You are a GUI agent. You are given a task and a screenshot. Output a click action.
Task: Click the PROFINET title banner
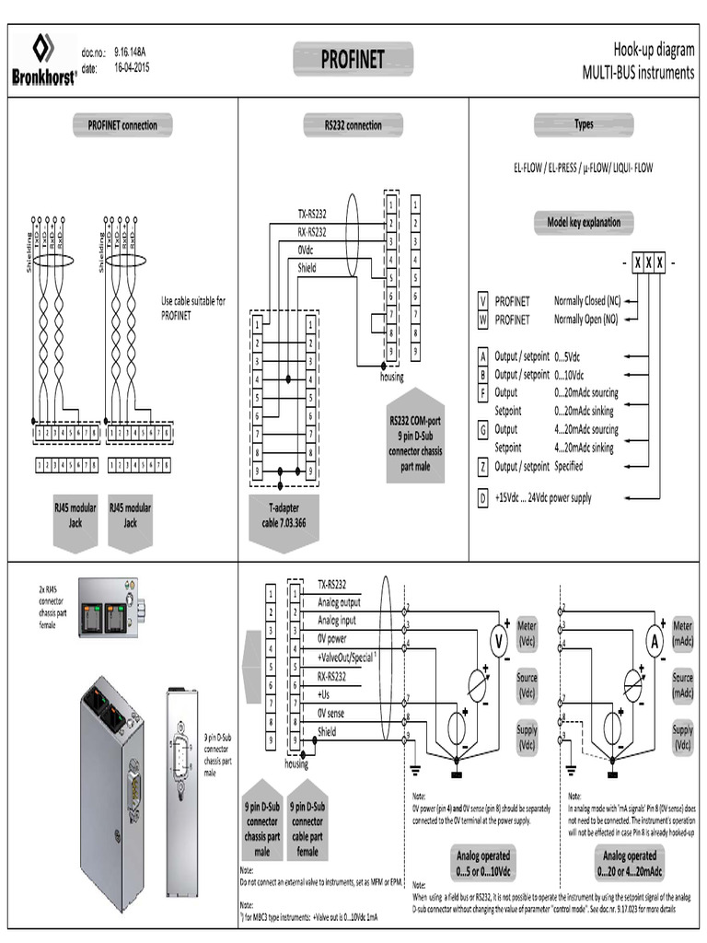(x=353, y=61)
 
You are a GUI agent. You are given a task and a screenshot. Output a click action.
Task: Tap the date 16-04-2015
(x=133, y=68)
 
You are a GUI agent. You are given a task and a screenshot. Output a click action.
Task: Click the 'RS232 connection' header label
(x=353, y=125)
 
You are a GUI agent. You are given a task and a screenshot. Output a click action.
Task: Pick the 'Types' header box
(x=584, y=124)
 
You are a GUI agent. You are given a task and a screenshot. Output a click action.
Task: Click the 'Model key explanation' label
(x=584, y=222)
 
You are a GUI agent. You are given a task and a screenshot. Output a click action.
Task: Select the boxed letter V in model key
(x=481, y=301)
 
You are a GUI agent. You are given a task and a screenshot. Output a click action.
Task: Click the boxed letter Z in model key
(x=481, y=466)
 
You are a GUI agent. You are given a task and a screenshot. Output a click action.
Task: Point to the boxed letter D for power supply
(x=481, y=498)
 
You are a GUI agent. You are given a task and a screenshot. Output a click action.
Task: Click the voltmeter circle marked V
(x=498, y=641)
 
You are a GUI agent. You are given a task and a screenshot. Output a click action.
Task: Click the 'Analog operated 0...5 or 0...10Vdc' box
(x=483, y=862)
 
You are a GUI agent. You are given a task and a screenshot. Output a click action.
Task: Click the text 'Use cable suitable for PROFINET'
(x=193, y=308)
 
